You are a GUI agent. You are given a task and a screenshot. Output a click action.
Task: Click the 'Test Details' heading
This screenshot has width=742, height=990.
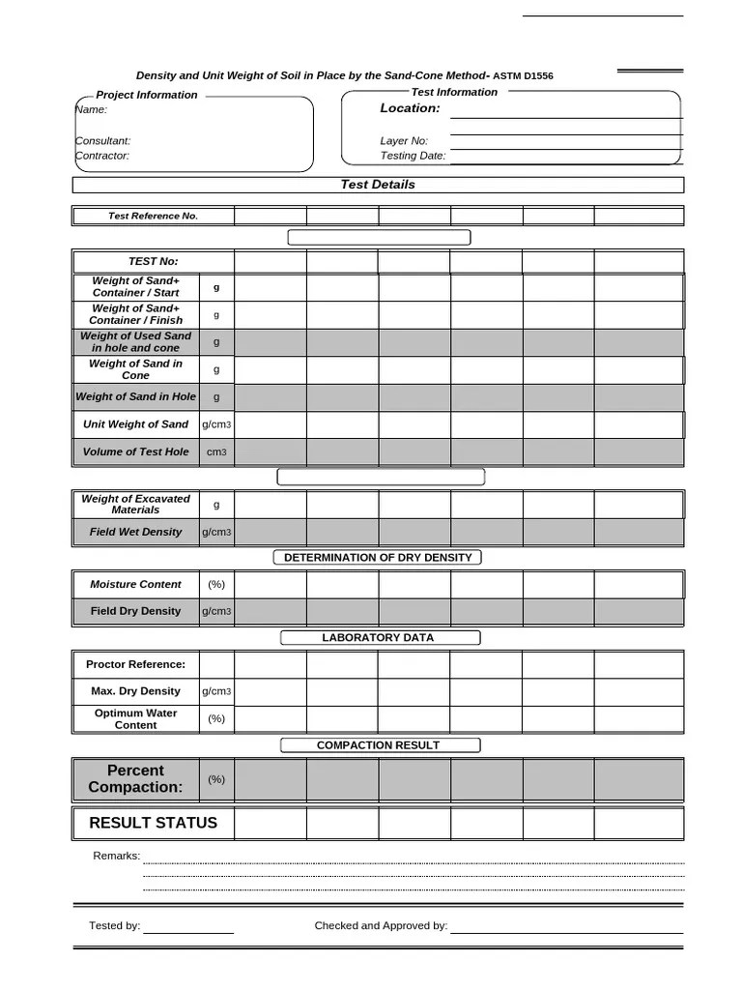378,185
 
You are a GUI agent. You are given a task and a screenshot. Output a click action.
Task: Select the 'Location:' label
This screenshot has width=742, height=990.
410,108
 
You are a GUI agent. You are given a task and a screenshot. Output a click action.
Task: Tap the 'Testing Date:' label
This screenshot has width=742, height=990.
413,156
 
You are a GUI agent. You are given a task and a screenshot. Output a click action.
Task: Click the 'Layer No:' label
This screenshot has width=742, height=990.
404,141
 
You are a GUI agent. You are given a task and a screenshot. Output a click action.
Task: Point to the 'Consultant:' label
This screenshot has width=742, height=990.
103,141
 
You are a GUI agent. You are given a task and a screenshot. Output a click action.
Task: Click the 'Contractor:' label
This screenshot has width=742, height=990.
102,156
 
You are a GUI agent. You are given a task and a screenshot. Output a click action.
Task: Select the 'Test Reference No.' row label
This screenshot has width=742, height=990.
153,216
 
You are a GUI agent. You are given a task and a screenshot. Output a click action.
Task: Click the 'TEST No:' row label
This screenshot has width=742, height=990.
153,261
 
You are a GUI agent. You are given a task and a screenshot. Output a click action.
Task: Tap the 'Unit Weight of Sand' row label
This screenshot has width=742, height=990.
135,424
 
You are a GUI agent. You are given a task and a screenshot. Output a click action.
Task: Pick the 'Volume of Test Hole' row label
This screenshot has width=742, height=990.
135,451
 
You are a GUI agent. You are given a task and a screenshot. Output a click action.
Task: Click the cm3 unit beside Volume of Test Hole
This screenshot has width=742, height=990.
216,451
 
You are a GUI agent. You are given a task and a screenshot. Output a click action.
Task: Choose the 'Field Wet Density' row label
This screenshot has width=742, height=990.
135,532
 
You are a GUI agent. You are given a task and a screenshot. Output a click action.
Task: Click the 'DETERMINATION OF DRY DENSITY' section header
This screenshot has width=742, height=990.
378,558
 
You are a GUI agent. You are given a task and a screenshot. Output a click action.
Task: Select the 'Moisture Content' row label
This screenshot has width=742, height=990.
135,584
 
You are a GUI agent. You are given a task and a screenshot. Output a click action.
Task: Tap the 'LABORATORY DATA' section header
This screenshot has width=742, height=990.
378,638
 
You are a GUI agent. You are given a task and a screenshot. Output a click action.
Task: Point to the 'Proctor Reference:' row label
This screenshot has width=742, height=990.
135,664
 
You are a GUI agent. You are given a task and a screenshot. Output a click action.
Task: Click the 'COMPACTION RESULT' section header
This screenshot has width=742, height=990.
378,745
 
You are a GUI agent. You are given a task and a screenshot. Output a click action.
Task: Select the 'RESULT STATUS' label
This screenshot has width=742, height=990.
153,823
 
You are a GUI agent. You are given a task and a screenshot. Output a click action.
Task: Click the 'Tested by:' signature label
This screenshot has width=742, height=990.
114,926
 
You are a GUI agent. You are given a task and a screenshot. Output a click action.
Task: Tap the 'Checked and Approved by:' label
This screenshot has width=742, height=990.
381,926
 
